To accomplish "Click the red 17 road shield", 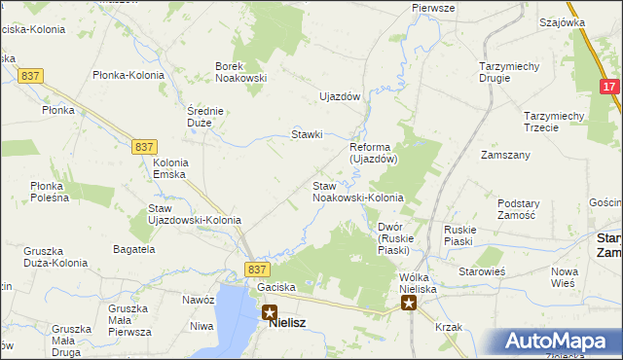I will pos(609,87).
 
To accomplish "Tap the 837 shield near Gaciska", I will pos(257,270).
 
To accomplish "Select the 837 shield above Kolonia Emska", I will pos(144,146).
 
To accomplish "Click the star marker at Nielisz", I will pos(269,313).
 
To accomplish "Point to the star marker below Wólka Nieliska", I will pos(409,304).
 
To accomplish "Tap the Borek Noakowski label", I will pos(240,73).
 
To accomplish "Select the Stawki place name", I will pos(307,134).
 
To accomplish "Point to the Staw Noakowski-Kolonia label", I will pos(357,192).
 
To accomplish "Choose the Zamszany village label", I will pos(505,155).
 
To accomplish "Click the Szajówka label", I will pos(561,21).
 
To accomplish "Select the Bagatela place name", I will pos(133,250).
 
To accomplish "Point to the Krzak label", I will pos(449,327).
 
